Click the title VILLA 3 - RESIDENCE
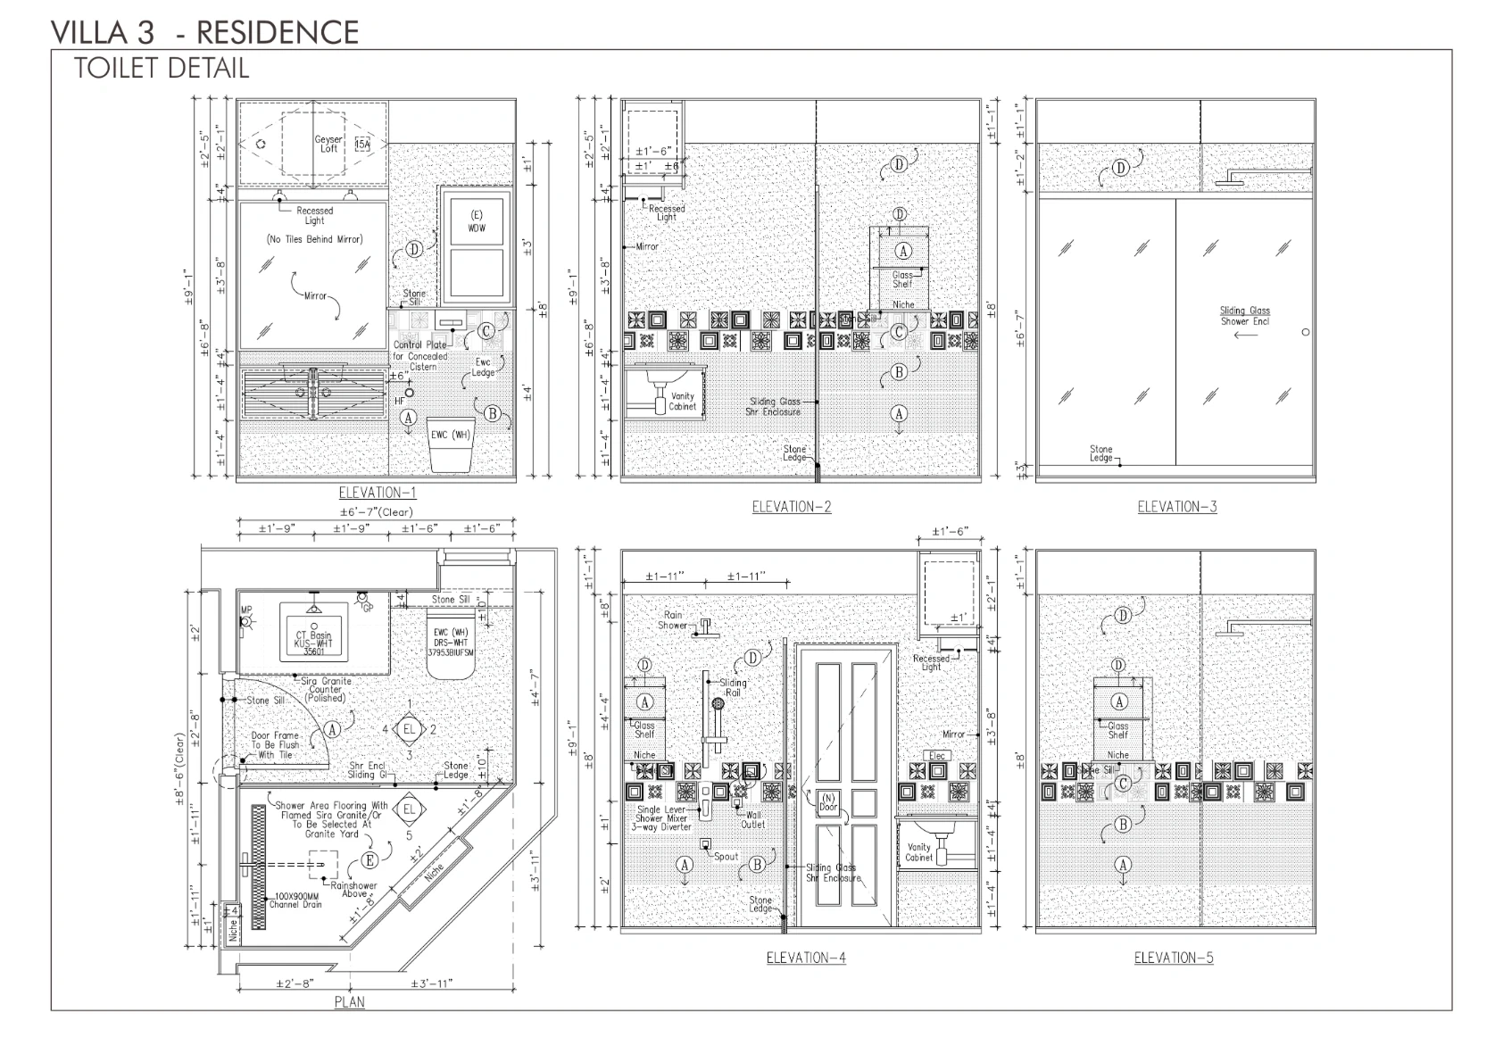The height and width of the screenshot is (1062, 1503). click(x=204, y=33)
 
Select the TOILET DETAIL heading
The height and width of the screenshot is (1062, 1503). click(x=161, y=69)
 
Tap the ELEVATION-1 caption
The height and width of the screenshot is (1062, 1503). click(x=377, y=493)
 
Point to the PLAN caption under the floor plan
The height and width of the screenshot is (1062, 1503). click(x=349, y=1001)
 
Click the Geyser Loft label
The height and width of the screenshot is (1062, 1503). click(x=328, y=144)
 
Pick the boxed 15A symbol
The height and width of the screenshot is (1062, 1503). click(x=362, y=144)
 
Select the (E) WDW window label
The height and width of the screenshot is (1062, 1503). click(x=477, y=221)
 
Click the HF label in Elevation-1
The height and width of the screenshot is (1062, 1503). click(x=400, y=401)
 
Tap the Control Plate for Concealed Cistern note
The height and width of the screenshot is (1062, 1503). click(x=420, y=355)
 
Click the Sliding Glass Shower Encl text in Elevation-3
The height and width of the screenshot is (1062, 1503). click(x=1244, y=316)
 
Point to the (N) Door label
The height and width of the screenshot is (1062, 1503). click(x=828, y=802)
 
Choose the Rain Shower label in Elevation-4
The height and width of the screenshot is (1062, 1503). click(x=672, y=619)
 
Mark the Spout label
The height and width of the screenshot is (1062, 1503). click(x=726, y=856)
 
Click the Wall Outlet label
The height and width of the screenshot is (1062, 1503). click(x=753, y=819)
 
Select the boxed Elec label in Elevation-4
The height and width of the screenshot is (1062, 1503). click(x=936, y=755)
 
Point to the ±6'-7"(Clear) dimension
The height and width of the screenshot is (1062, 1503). click(x=376, y=512)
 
